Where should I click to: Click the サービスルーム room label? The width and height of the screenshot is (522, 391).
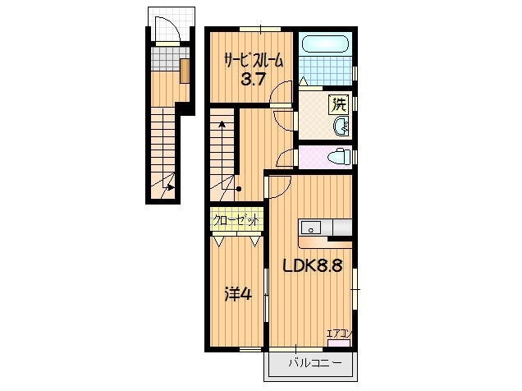pyautogui.click(x=254, y=62)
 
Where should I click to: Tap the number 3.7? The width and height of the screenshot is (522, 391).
pyautogui.click(x=253, y=80)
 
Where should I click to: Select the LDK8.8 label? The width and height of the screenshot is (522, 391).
pyautogui.click(x=313, y=266)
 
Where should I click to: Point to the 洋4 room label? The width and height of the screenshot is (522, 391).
pyautogui.click(x=238, y=294)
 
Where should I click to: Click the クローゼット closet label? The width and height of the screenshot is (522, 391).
pyautogui.click(x=236, y=220)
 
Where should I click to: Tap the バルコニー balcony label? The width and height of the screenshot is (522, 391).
pyautogui.click(x=314, y=363)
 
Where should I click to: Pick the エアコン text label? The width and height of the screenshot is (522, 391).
pyautogui.click(x=339, y=333)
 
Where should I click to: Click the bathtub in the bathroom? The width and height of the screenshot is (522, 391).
pyautogui.click(x=325, y=44)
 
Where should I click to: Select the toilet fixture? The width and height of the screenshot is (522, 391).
pyautogui.click(x=339, y=156)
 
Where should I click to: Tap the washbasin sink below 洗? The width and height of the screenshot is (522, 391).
pyautogui.click(x=341, y=126)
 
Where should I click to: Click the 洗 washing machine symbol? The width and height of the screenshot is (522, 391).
pyautogui.click(x=339, y=104)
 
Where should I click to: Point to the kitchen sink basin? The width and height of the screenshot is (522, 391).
pyautogui.click(x=311, y=228)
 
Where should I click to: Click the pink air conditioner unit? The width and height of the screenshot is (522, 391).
pyautogui.click(x=339, y=343)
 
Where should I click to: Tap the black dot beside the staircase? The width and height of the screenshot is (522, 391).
pyautogui.click(x=239, y=189)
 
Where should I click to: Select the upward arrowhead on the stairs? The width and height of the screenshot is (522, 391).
pyautogui.click(x=222, y=125)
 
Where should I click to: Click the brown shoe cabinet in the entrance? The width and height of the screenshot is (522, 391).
pyautogui.click(x=185, y=71)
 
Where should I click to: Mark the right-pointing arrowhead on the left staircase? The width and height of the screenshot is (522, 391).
pyautogui.click(x=171, y=187)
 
